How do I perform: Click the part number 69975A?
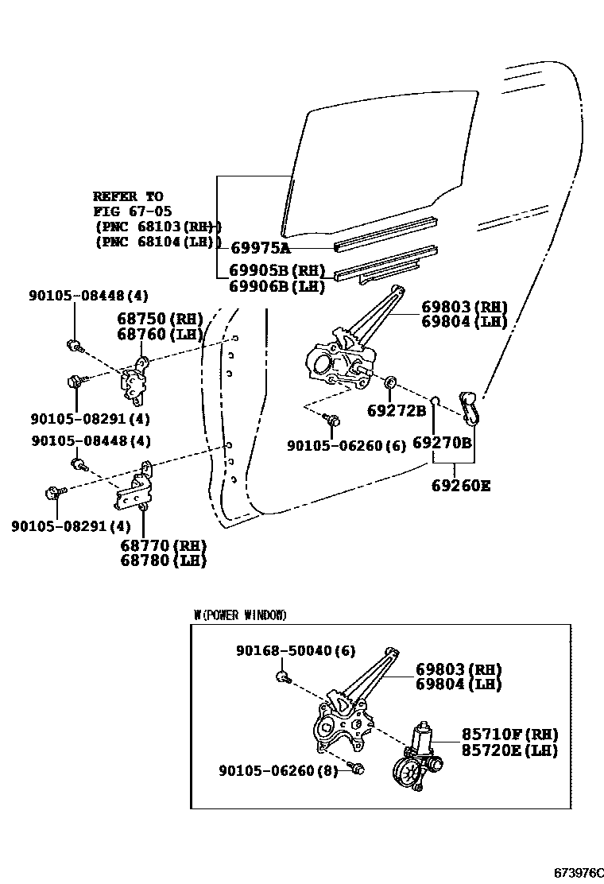[x=260, y=248]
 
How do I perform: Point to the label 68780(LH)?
[x=163, y=560]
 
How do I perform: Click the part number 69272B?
[x=397, y=411]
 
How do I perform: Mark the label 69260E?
[x=461, y=485]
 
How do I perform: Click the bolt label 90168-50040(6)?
[x=296, y=650]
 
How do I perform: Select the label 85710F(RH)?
[x=510, y=735]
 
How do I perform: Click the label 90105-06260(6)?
[x=347, y=447]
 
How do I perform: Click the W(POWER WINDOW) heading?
[x=240, y=615]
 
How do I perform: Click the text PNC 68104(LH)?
[x=157, y=242]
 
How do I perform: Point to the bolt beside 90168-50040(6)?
[x=281, y=677]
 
